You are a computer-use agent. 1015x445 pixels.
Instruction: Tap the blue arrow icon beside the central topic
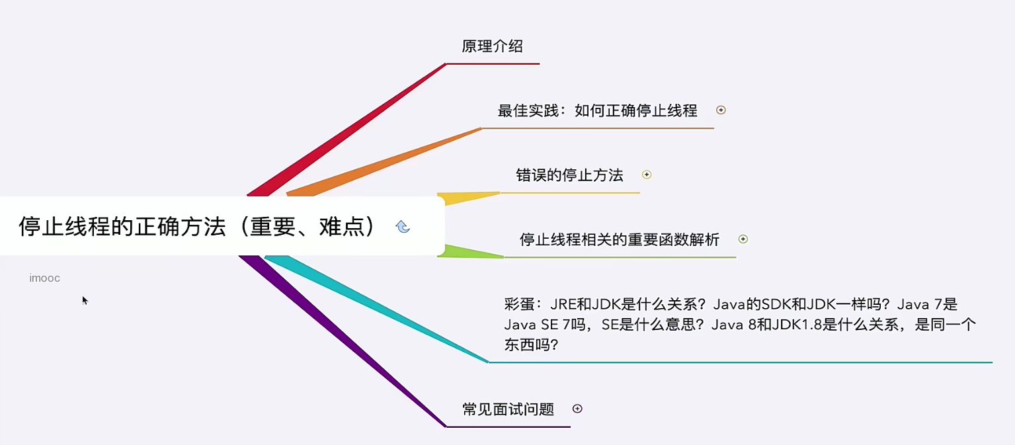coord(403,227)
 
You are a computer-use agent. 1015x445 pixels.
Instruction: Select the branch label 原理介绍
coord(492,46)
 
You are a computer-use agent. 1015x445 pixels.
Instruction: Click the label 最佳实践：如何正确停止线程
coord(597,110)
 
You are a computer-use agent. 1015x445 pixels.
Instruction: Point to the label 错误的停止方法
coord(569,175)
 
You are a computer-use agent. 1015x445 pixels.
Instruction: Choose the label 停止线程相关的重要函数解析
coord(619,239)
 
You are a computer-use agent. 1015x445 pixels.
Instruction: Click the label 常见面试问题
coord(508,409)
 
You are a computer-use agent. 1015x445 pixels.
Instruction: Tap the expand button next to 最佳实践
coord(721,110)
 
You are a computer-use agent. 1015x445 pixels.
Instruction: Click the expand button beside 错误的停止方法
coord(647,175)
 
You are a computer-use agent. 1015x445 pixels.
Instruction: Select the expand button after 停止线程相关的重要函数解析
coord(743,239)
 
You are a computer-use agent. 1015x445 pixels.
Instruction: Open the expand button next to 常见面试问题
coord(577,409)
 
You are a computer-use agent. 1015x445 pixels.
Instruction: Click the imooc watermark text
coord(44,278)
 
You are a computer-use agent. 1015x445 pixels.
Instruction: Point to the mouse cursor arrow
coord(85,300)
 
